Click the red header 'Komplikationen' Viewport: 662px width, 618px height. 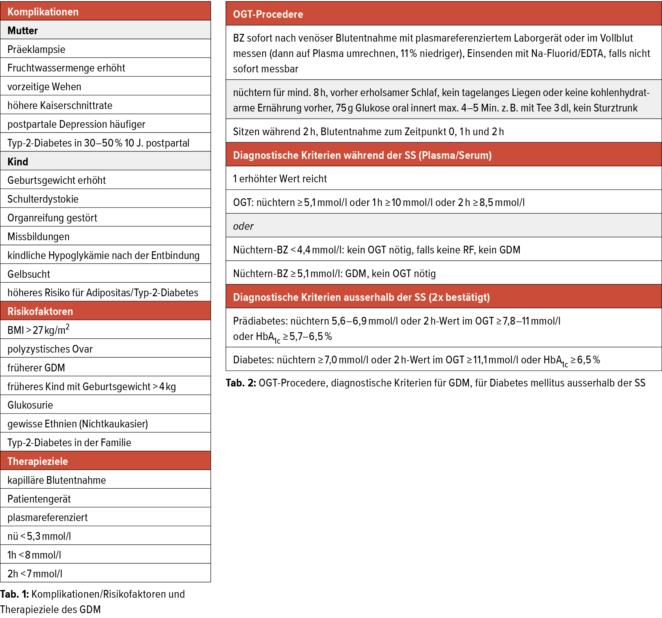point(43,12)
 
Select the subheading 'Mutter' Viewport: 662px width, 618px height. point(23,30)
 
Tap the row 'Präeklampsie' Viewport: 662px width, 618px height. point(36,49)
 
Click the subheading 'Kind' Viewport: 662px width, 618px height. point(18,161)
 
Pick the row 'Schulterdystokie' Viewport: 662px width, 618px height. point(43,199)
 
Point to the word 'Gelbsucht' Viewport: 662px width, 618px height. point(29,274)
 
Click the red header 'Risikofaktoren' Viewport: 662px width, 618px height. point(40,311)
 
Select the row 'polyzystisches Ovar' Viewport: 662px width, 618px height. point(50,349)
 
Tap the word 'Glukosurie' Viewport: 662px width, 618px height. point(30,405)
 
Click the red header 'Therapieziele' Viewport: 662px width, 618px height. point(38,461)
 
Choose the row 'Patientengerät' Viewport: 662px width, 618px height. point(39,499)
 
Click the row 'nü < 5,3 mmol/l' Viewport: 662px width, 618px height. point(39,536)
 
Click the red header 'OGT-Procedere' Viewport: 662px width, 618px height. point(268,14)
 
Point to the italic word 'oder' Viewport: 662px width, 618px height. point(243,226)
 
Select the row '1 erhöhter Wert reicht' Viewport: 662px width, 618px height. point(280,179)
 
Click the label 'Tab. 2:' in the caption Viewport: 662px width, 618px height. point(241,383)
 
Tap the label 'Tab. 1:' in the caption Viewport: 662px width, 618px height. point(15,594)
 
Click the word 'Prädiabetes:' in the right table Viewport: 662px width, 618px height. point(260,321)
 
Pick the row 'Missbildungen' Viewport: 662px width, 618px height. point(38,236)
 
